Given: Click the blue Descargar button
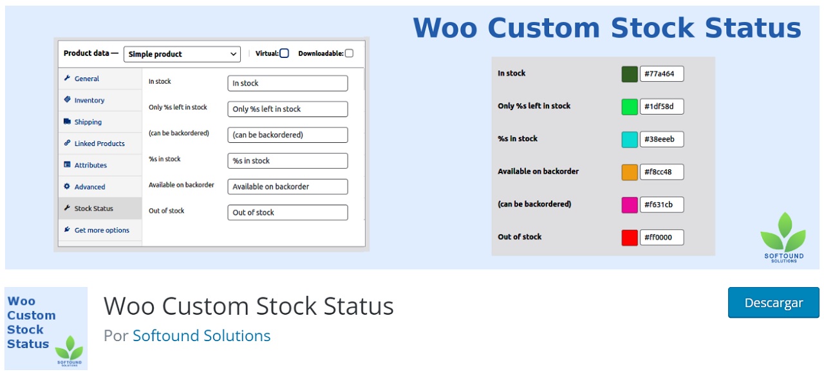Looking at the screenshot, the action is click(773, 302).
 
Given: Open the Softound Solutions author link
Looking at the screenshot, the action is click(201, 335).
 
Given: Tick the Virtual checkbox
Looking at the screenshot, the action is click(284, 53).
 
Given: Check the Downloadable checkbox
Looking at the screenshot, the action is click(349, 53).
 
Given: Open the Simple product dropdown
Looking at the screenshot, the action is click(182, 54).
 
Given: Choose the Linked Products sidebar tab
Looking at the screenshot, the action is click(100, 144).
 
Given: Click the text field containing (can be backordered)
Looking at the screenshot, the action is click(288, 135).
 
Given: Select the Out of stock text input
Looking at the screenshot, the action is click(288, 212).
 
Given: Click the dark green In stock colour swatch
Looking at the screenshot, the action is click(630, 74).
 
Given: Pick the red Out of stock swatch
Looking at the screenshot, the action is click(630, 237).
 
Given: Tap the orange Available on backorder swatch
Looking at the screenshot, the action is click(630, 172).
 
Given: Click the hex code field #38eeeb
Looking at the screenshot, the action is click(662, 139).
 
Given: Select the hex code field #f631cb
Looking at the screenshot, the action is click(662, 205).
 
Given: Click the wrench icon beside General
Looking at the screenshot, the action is click(67, 78).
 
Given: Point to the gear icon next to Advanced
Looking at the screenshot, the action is click(67, 186).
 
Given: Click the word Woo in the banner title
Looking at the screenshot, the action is click(445, 28).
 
